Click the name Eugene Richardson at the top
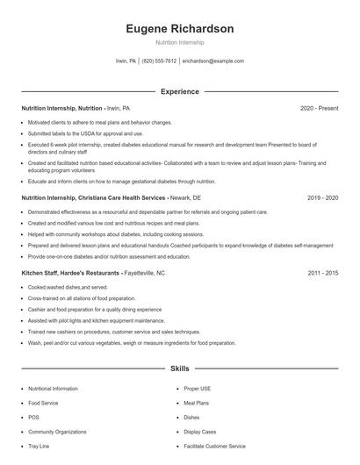pos(179,29)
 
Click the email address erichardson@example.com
pos(212,61)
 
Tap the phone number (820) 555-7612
pos(158,61)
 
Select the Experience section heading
pos(179,91)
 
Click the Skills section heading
pos(179,369)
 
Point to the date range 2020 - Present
pos(319,108)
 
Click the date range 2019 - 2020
pos(322,198)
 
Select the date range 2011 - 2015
pos(322,273)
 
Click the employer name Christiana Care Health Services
pos(119,198)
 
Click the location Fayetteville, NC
pos(139,273)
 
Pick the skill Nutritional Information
pos(53,388)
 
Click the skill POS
pos(33,417)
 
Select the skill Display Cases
pos(200,432)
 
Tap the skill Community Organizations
pos(56,432)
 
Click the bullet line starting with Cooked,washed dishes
pos(68,287)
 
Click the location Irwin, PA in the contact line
pos(126,61)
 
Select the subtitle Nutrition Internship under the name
pos(179,42)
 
